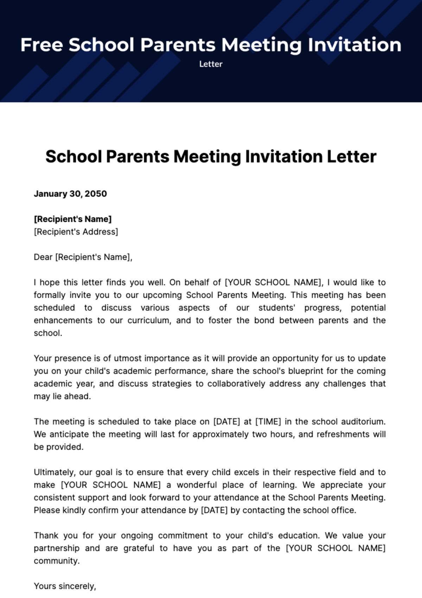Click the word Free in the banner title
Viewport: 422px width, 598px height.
(41, 45)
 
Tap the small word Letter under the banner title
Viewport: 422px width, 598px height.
(211, 64)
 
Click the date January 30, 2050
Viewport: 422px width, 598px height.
(70, 194)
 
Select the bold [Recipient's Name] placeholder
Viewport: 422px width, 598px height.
(72, 219)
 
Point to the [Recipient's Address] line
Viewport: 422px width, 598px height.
(76, 232)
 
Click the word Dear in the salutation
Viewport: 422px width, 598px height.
(43, 257)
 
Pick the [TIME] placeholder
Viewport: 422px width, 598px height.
(268, 422)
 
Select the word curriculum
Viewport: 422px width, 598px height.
(149, 320)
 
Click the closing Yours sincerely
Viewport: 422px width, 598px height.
(65, 586)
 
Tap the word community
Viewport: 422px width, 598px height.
(56, 561)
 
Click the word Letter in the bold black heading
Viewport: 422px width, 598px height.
(351, 156)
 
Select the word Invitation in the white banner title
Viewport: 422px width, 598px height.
(354, 45)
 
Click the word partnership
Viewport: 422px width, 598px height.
(56, 548)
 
